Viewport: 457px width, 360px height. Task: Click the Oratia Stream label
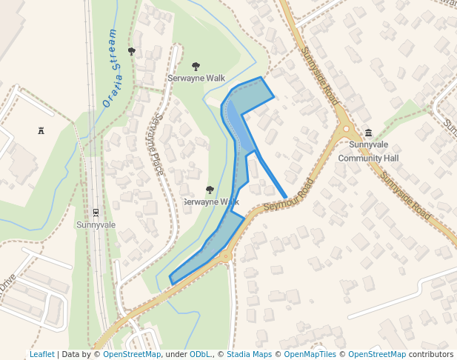110,68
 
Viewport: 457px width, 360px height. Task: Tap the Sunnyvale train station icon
96,213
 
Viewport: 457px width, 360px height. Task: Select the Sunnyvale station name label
96,224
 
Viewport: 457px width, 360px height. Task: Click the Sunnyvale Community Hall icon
369,133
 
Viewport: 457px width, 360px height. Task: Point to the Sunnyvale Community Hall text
368,151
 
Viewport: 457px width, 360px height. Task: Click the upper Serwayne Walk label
196,78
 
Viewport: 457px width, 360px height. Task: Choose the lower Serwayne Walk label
211,201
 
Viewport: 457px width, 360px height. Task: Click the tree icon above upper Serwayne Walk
196,67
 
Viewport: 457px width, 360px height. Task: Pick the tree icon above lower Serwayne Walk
210,190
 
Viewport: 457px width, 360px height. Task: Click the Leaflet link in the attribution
41,354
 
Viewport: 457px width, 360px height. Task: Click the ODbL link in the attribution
200,354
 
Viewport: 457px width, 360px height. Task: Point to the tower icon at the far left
41,130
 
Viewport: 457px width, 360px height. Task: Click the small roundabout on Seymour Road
225,257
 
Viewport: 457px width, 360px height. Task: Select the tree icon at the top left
132,51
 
